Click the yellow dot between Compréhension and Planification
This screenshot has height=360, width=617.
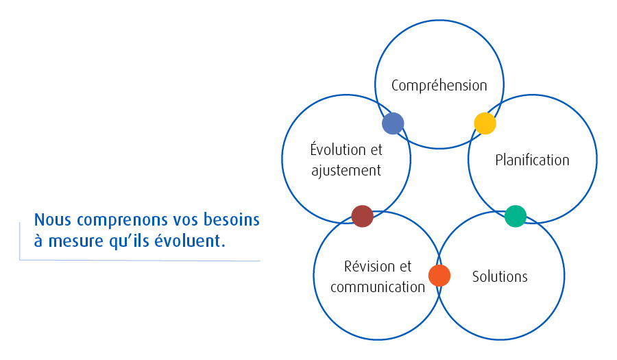(x=485, y=123)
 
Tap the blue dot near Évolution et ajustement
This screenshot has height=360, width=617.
(x=393, y=123)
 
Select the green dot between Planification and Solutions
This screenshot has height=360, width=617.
(x=515, y=216)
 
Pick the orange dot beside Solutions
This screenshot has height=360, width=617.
(x=439, y=275)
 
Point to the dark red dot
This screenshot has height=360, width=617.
(x=362, y=216)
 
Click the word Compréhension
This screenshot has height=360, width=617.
(x=439, y=86)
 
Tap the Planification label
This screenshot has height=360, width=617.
(x=532, y=160)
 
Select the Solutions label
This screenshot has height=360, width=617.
(x=500, y=277)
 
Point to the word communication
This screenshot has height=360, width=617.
(x=378, y=287)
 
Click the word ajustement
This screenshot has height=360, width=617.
(x=346, y=170)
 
